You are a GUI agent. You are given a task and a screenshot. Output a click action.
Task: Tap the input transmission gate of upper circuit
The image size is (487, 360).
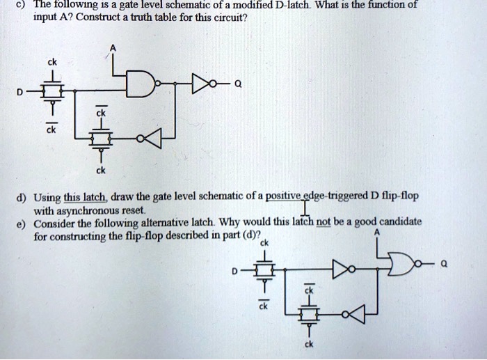(51, 90)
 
